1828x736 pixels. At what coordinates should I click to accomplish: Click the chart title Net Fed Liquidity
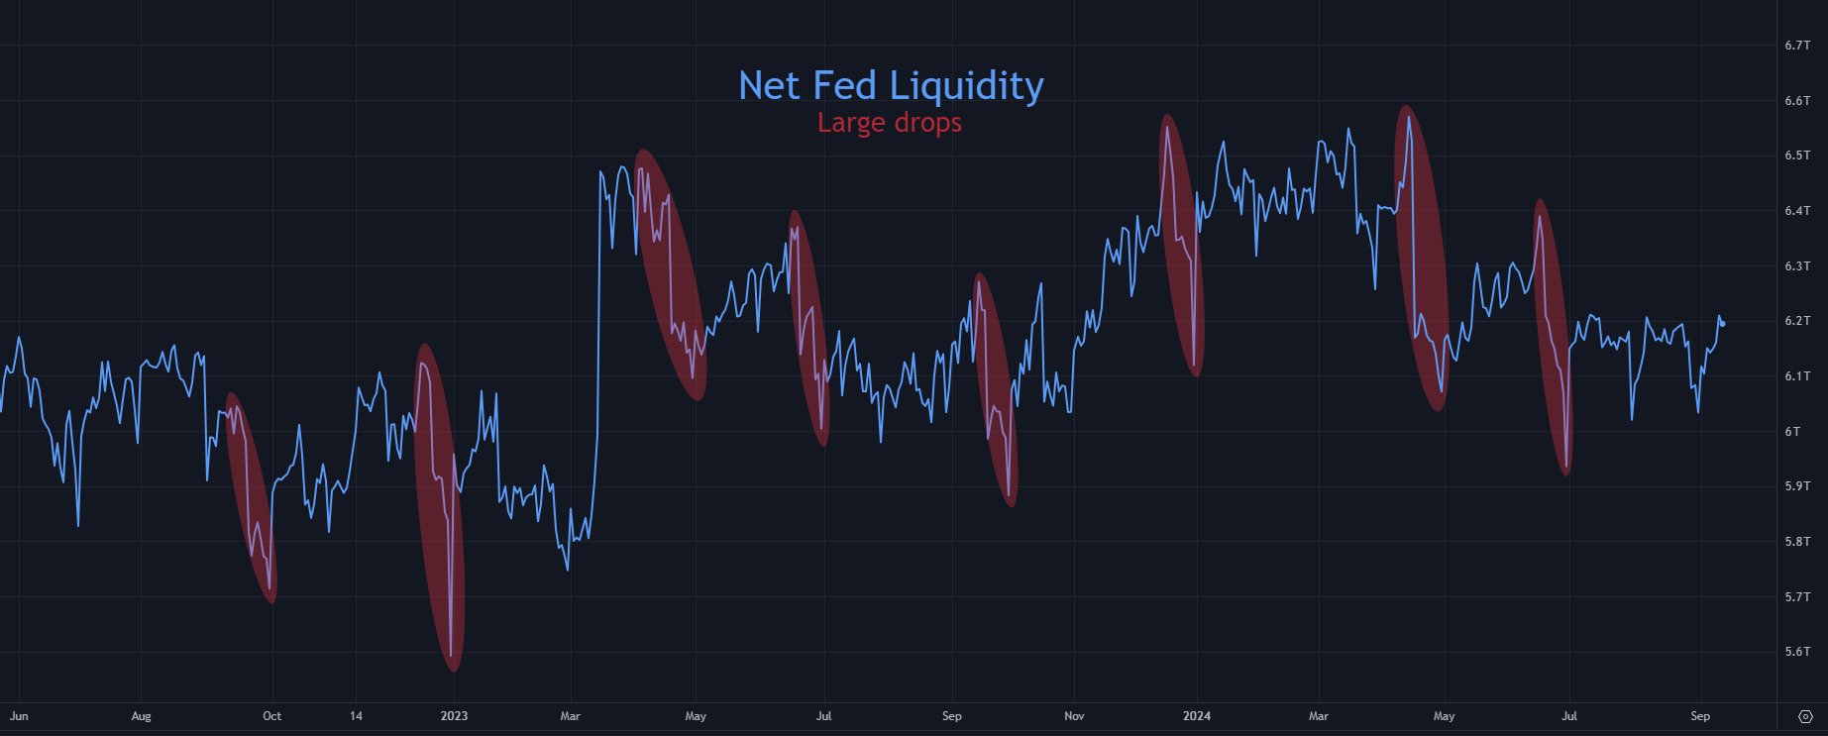[x=891, y=86]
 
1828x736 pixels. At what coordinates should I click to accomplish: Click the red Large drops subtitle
[x=889, y=123]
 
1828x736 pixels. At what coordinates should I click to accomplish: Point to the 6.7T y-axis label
[x=1797, y=46]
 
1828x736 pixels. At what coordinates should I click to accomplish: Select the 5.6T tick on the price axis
[x=1797, y=652]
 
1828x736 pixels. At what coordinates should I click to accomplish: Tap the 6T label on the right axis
[x=1792, y=432]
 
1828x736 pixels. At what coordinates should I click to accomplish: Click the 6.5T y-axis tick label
[x=1797, y=156]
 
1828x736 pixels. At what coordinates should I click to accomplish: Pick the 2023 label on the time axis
[x=454, y=716]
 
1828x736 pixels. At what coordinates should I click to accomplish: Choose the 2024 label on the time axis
[x=1196, y=716]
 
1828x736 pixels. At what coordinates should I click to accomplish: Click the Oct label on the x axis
[x=271, y=716]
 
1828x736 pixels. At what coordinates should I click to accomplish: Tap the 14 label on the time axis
[x=357, y=716]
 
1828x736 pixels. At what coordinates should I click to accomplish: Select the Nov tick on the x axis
[x=1074, y=716]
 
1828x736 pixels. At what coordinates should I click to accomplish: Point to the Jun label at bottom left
[x=19, y=716]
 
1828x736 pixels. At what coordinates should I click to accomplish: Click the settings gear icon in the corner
[x=1805, y=716]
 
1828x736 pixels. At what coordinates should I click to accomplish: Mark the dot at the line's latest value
[x=1723, y=323]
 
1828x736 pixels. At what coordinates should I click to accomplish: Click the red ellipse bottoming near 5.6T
[x=438, y=507]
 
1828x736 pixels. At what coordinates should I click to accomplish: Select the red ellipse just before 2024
[x=1181, y=245]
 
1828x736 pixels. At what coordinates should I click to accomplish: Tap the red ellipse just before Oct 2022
[x=251, y=497]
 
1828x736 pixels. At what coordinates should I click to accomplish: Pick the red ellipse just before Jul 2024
[x=1552, y=337]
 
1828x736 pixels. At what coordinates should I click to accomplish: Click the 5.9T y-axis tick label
[x=1797, y=486]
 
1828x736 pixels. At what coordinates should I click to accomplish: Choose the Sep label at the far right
[x=1700, y=716]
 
